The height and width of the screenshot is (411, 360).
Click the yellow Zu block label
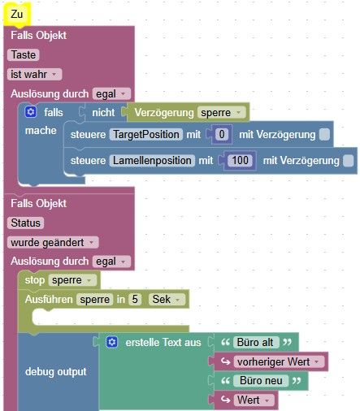click(16, 14)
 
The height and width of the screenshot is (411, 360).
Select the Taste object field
click(24, 55)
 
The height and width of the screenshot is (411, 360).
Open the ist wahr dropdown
click(34, 74)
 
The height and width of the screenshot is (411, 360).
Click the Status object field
click(25, 223)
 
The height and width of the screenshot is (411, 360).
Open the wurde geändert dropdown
click(53, 242)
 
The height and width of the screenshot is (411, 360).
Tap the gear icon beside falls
click(31, 112)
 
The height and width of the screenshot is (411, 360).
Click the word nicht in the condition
click(103, 112)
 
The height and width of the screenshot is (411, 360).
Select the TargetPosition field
click(145, 135)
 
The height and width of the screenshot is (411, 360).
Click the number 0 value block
click(222, 135)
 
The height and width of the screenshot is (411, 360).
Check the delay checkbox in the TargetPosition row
click(324, 135)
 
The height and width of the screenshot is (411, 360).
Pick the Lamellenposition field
click(152, 161)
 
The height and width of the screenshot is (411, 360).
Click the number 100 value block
click(240, 161)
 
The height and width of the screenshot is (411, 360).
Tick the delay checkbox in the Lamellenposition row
click(349, 161)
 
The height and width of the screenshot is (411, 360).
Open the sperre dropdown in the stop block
click(72, 280)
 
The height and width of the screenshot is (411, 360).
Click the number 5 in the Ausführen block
click(135, 300)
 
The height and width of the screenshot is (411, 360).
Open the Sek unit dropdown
click(167, 300)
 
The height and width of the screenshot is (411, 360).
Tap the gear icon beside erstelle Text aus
click(112, 342)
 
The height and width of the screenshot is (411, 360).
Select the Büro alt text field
click(255, 343)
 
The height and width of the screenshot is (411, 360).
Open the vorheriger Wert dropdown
click(279, 361)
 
